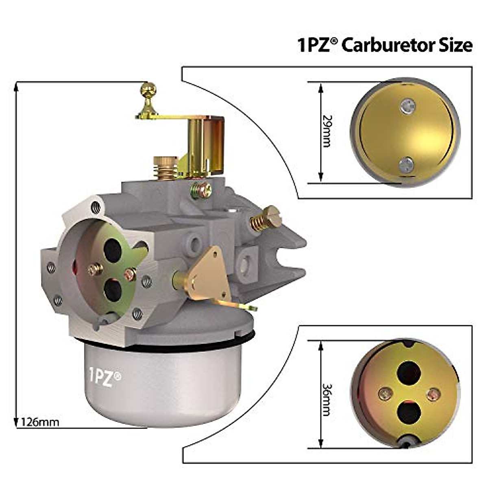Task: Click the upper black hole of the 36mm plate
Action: coord(409,372)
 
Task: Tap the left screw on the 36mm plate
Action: coord(383,393)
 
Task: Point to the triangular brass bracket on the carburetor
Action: coord(205,277)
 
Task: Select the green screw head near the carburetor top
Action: coord(201,190)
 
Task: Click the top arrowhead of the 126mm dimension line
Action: coord(16,85)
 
